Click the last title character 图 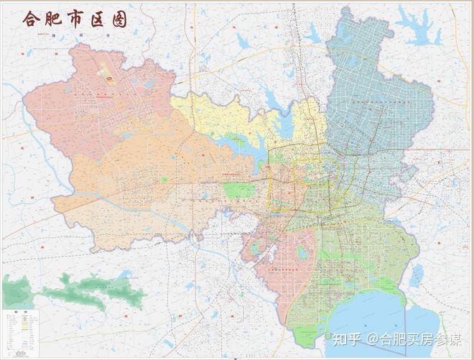[x=119, y=19]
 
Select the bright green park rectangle [x=239, y=190]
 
